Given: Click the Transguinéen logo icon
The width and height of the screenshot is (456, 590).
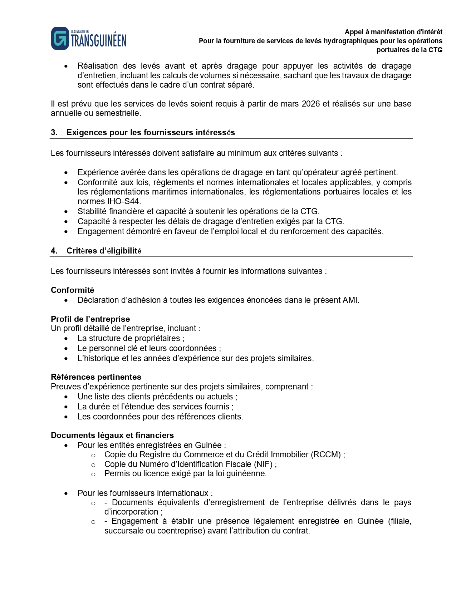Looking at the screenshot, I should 60,38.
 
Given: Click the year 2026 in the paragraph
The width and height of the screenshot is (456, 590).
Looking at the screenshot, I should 310,104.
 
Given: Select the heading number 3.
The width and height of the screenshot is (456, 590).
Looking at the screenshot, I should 54,133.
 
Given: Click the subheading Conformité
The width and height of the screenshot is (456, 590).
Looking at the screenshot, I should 72,290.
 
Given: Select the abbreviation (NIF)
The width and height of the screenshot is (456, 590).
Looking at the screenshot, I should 263,464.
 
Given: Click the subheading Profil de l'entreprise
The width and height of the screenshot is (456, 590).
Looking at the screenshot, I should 90,319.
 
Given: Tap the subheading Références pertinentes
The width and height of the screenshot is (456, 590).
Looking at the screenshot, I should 96,377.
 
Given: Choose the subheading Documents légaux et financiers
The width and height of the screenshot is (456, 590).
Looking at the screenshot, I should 112,435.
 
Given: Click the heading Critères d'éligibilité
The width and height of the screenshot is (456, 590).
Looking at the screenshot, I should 104,251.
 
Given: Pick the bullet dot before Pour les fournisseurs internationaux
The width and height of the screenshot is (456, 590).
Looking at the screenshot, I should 66,493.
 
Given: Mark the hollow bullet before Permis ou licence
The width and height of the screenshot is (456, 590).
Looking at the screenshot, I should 93,474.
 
